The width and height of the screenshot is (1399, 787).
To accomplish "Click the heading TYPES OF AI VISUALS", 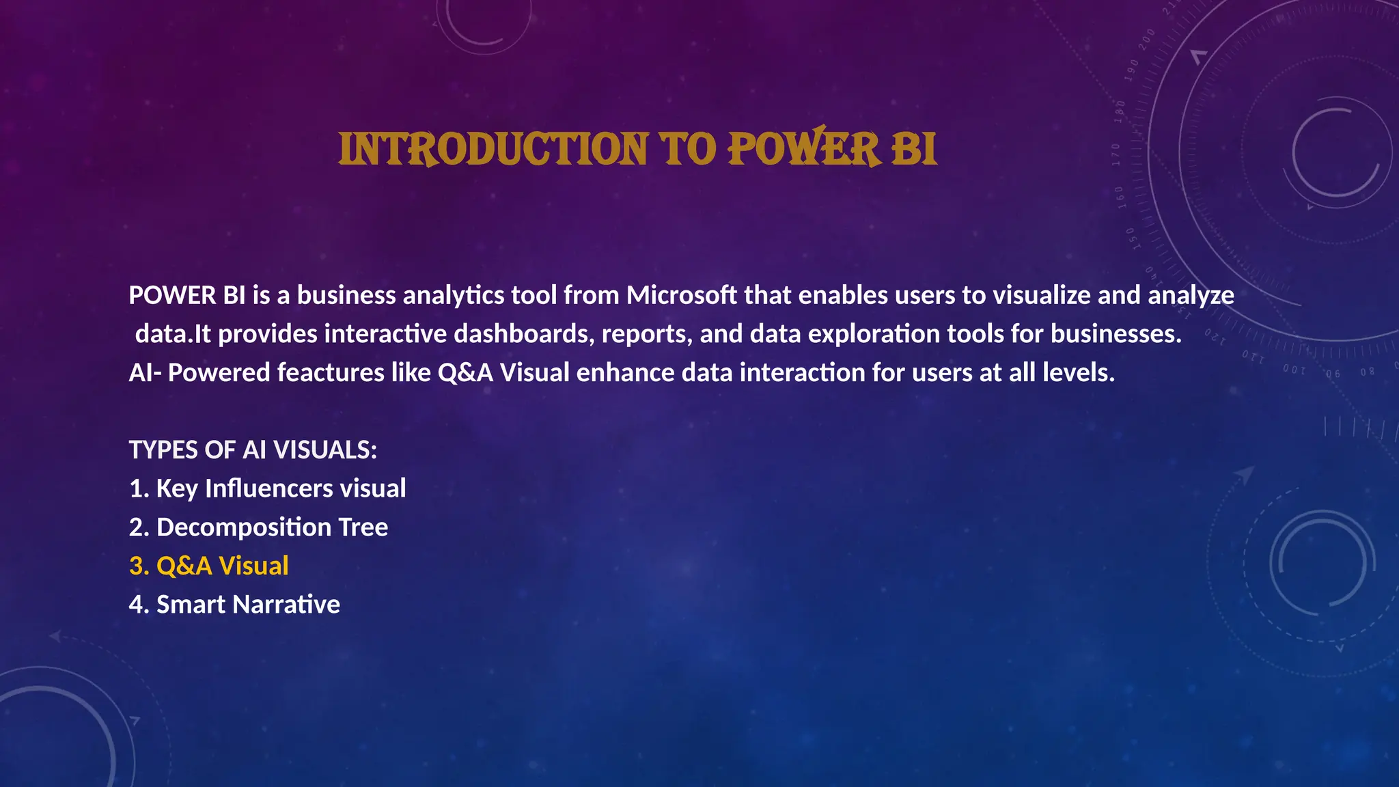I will tap(253, 450).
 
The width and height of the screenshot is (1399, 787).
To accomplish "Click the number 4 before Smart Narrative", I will tap(136, 605).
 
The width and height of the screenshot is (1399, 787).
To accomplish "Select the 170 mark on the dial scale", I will tap(1116, 155).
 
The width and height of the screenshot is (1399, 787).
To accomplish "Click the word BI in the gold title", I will tap(913, 150).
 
